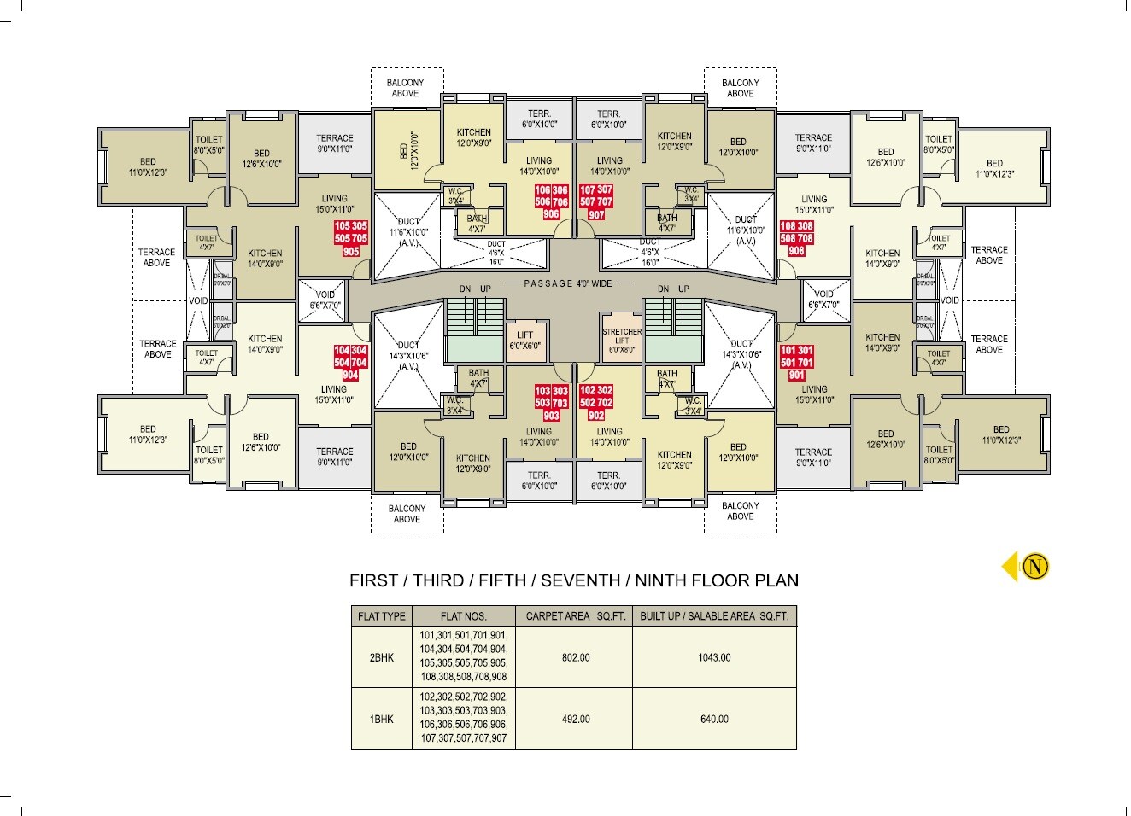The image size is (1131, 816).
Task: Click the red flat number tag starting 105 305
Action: (350, 240)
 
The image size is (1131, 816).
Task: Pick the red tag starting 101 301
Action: (796, 363)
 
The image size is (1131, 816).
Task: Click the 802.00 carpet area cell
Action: (575, 658)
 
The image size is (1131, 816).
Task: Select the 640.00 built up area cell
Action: (714, 719)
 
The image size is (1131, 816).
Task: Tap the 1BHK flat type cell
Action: (382, 719)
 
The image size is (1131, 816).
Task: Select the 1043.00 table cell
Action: (714, 658)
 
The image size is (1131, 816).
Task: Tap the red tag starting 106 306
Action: (550, 201)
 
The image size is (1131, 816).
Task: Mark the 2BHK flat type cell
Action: (382, 658)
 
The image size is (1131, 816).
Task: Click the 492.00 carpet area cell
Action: (575, 719)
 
